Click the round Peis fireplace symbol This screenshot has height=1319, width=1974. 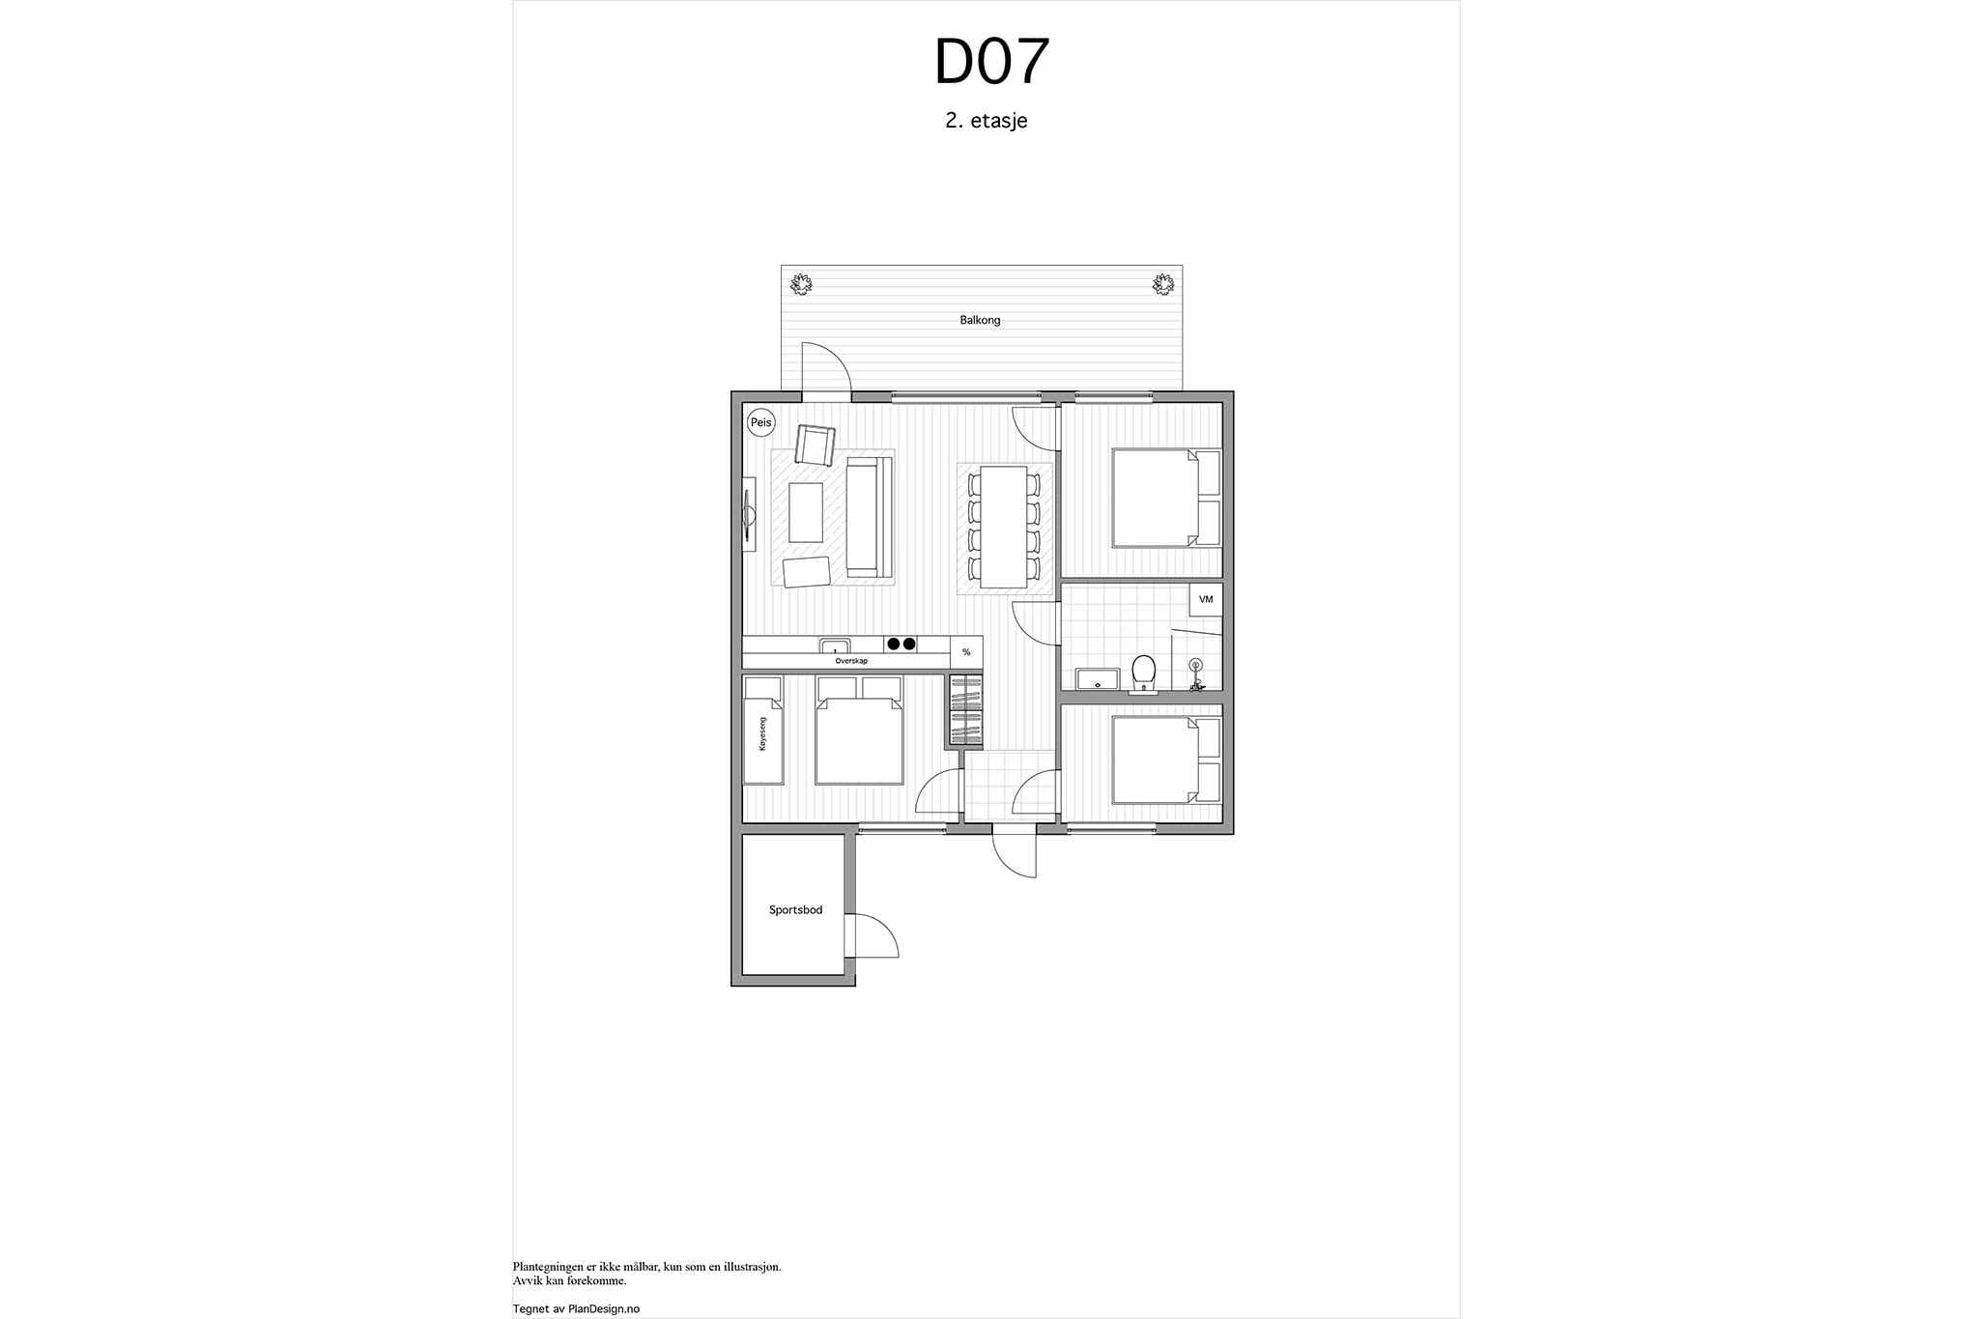coord(761,422)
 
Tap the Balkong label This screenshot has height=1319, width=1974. coord(980,320)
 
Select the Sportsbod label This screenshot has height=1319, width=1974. coord(795,910)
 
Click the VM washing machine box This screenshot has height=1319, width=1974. coord(1206,599)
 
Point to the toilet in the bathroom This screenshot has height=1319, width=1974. coord(1143,674)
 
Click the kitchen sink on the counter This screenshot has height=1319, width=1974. coord(835,645)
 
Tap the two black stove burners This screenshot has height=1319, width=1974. coord(901,644)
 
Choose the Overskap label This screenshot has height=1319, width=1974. coord(851,661)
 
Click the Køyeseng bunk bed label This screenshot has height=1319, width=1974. coord(762,733)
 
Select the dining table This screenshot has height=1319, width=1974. coord(1004,527)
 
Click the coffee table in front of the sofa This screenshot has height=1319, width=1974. coord(806,512)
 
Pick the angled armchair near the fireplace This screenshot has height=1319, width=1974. coord(815,444)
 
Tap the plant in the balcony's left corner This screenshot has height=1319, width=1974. coord(801,284)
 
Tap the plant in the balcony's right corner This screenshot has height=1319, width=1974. coord(1162,284)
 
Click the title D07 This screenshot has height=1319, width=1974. coord(991,63)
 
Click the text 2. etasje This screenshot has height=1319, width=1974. coord(986,121)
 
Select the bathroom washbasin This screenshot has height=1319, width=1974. coord(1097,679)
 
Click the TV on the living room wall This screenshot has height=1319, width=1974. coord(748,516)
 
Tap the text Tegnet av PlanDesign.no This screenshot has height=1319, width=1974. coord(576,1309)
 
